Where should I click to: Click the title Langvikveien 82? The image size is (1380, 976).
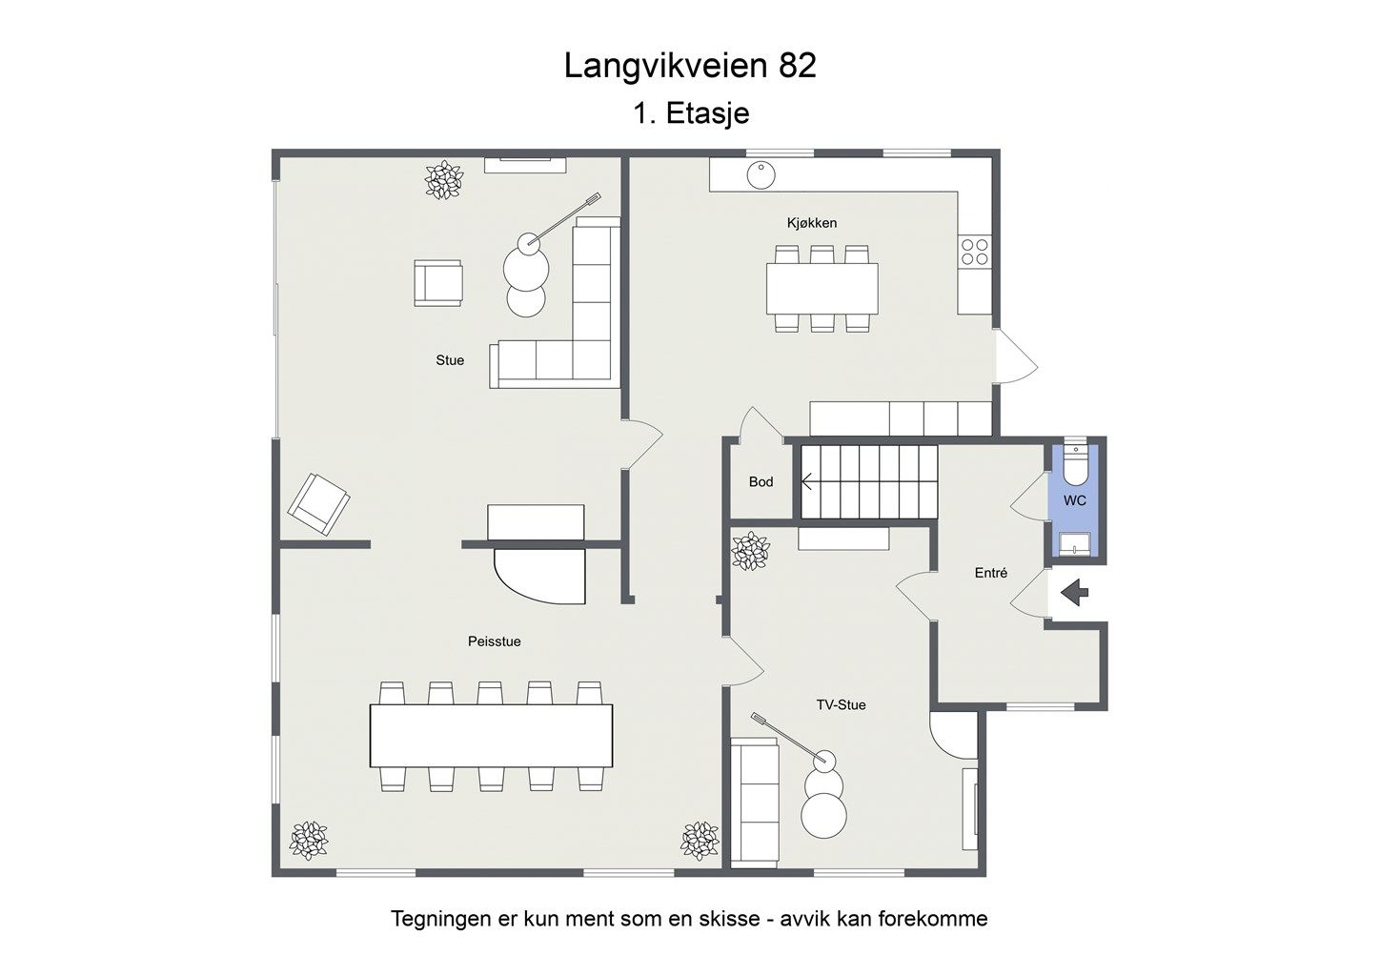[x=690, y=66]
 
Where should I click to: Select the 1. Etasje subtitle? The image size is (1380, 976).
[x=691, y=113]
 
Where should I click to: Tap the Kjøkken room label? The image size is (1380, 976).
[x=812, y=223]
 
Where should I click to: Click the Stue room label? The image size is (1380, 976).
[x=450, y=360]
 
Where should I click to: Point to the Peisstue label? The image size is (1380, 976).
[x=494, y=641]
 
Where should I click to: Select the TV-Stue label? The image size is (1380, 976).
[x=841, y=705]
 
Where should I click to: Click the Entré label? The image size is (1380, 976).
[x=990, y=573]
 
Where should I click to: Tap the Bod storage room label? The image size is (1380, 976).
[x=761, y=482]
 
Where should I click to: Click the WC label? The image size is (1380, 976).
[x=1074, y=500]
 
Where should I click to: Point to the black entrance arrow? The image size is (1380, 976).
[x=1075, y=593]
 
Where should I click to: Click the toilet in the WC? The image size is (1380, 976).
[x=1074, y=467]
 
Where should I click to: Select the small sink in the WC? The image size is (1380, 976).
[x=1074, y=544]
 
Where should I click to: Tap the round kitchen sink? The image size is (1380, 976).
[x=761, y=175]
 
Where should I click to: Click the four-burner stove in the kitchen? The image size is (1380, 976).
[x=975, y=252]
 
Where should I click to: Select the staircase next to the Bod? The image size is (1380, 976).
[x=868, y=481]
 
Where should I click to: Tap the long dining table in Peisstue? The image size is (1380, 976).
[x=491, y=735]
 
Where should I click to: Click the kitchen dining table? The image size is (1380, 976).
[x=822, y=288]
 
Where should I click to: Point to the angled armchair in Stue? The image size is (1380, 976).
[x=318, y=503]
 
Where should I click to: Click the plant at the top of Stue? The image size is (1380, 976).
[x=442, y=180]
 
